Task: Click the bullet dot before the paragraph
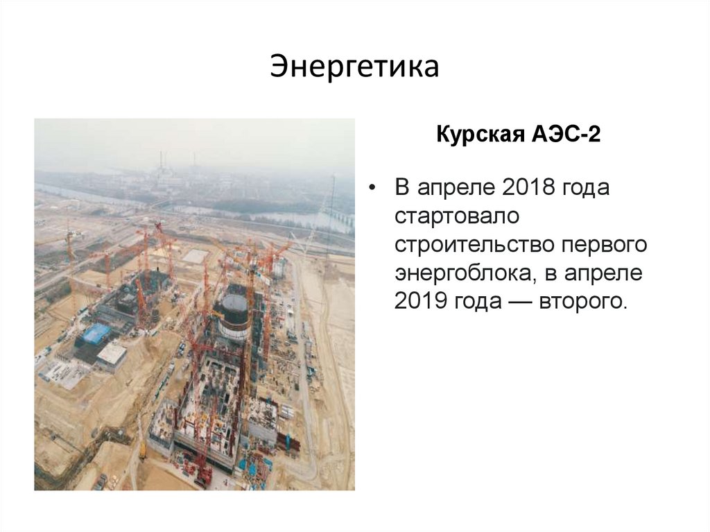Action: click(374, 189)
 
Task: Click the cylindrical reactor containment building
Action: click(233, 311)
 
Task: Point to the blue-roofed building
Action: click(96, 334)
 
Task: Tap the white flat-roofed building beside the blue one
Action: click(112, 354)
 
